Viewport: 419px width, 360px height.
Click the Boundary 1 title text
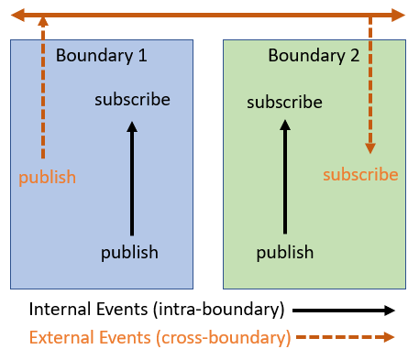tap(102, 55)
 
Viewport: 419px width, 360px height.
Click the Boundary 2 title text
tap(314, 55)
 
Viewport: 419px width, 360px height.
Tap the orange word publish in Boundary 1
tap(47, 177)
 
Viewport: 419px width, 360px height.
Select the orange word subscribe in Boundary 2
tap(360, 174)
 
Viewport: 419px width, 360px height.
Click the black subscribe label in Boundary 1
tap(132, 99)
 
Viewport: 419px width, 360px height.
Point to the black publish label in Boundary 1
tap(129, 252)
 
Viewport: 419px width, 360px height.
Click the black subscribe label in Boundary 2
tap(284, 102)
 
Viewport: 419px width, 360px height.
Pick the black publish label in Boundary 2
tap(284, 252)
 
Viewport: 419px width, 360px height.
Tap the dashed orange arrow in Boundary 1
tap(42, 92)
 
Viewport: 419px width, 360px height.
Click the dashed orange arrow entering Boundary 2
tap(370, 82)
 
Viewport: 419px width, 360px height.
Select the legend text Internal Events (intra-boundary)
tap(157, 309)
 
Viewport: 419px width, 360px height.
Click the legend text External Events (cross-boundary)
tap(160, 337)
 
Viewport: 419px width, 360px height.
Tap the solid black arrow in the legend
tap(344, 310)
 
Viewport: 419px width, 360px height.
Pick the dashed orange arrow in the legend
tap(344, 337)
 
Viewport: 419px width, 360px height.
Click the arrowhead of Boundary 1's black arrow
tap(132, 129)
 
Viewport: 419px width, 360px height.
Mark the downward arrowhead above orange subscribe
tap(370, 146)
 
